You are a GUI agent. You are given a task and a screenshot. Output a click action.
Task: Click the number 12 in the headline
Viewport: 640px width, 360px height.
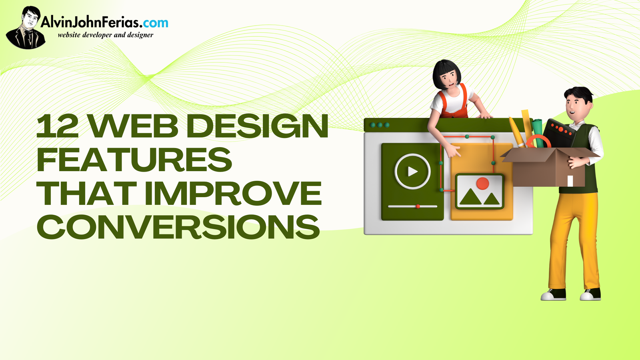click(57, 126)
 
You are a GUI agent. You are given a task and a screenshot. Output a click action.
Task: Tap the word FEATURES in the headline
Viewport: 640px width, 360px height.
click(134, 160)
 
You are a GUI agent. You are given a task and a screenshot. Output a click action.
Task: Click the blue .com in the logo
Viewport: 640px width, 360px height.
click(155, 22)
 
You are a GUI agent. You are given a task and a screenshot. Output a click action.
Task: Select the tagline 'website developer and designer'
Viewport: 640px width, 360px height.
click(106, 35)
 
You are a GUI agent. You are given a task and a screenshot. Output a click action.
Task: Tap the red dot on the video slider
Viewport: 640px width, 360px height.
click(418, 206)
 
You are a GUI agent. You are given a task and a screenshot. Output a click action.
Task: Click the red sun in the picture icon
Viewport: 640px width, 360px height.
click(482, 184)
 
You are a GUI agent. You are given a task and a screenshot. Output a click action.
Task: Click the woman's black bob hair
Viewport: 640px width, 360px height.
click(446, 73)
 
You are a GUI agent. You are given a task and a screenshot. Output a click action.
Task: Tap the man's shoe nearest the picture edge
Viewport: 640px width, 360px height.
click(590, 294)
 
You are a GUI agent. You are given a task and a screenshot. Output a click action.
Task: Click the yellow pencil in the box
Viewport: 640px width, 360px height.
click(516, 132)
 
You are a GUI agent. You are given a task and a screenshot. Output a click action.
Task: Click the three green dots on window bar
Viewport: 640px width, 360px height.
click(380, 125)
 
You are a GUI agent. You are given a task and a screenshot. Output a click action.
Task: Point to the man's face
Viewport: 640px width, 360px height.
click(574, 104)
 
